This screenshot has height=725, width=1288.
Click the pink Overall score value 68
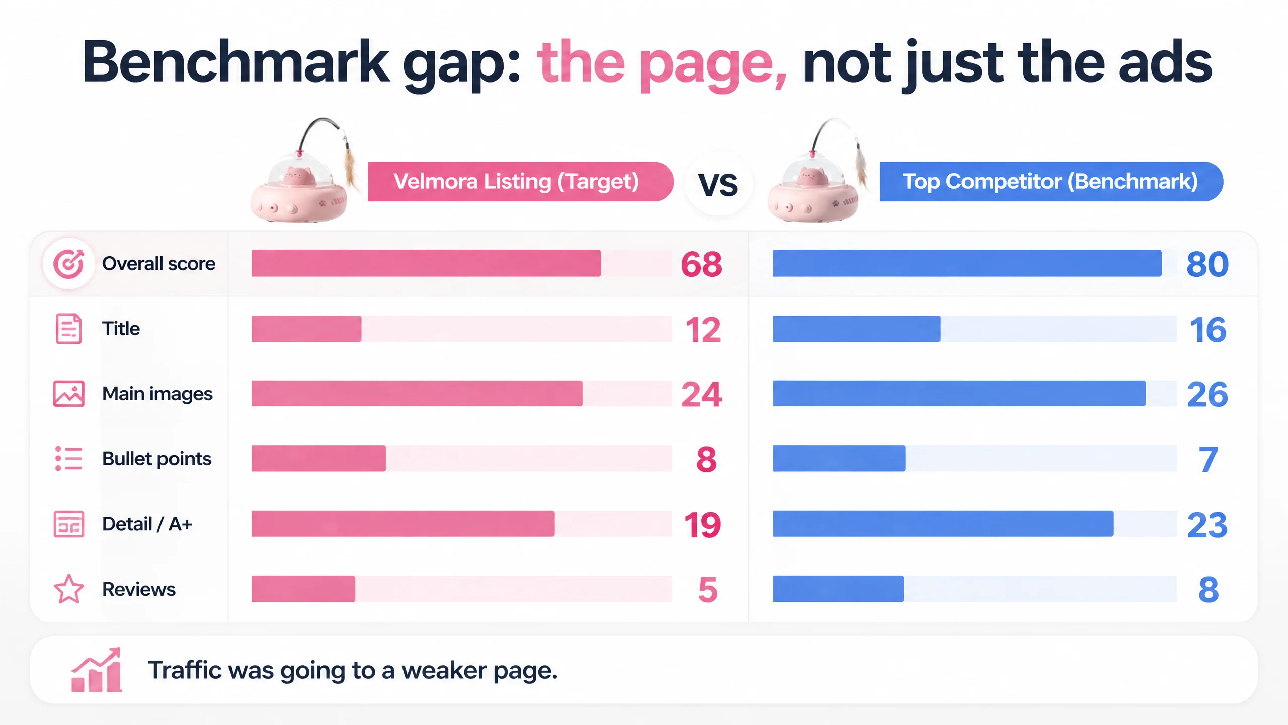(x=701, y=264)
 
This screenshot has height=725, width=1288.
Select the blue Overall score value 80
(x=1207, y=264)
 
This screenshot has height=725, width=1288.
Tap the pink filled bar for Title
(x=306, y=329)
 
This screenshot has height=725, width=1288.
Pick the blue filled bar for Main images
(x=959, y=393)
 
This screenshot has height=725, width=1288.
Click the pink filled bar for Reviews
(x=303, y=589)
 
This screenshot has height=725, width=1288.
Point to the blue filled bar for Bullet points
(x=839, y=458)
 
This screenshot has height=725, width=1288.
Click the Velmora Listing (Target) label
(x=516, y=181)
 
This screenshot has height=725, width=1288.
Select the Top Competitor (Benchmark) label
(x=1050, y=181)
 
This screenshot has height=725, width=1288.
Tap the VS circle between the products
(x=718, y=184)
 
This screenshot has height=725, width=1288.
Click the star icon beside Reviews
(x=68, y=589)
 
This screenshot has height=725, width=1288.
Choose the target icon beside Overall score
(x=68, y=263)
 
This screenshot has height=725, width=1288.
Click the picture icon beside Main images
(x=68, y=393)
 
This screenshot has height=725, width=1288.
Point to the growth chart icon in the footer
(x=97, y=670)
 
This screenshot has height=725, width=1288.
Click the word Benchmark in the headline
(x=235, y=62)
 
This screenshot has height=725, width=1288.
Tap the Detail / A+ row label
(x=147, y=524)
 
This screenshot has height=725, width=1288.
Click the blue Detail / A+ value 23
(x=1207, y=525)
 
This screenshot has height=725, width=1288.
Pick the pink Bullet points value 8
(x=706, y=459)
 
